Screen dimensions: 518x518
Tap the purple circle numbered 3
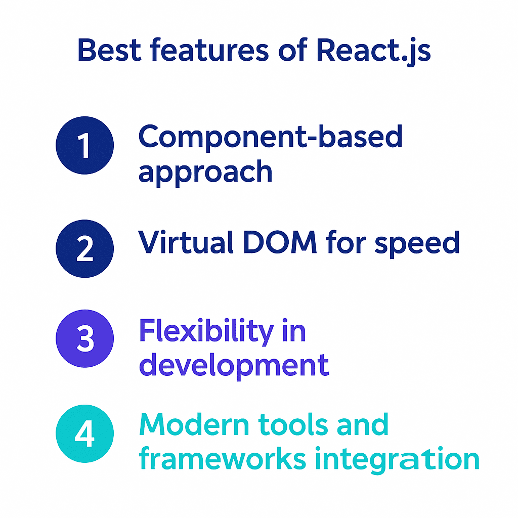tap(85, 338)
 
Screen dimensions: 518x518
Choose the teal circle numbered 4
tap(85, 434)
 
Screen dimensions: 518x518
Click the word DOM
tap(282, 242)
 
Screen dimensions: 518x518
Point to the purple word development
tap(234, 366)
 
